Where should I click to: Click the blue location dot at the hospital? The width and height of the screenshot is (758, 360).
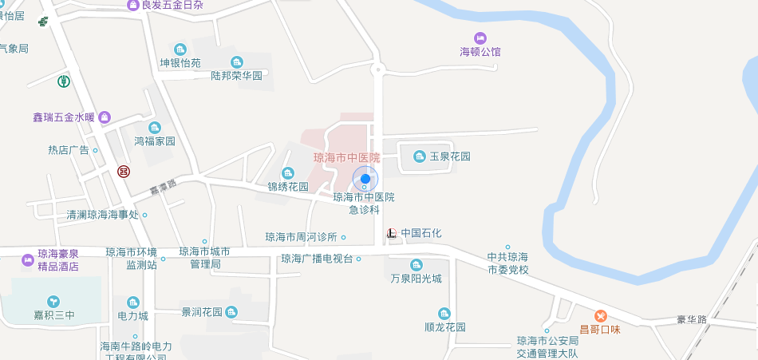tap(365, 178)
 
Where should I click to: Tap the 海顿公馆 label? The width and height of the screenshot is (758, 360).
tap(480, 52)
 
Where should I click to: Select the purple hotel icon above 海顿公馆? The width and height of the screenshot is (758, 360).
tap(480, 38)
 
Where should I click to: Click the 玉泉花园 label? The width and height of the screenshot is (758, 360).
tap(450, 156)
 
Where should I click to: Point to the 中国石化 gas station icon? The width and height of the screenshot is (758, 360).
tap(391, 233)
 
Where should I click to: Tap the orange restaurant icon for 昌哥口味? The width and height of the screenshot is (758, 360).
tap(600, 315)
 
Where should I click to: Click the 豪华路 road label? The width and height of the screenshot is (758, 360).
tap(691, 319)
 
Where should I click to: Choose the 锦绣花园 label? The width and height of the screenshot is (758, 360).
tap(288, 187)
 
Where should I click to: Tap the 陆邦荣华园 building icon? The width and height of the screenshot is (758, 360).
tap(236, 62)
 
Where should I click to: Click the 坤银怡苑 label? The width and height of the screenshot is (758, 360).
tap(180, 63)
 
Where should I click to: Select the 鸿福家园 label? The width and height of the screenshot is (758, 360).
tap(154, 141)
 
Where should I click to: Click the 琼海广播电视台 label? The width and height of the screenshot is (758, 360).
tap(317, 259)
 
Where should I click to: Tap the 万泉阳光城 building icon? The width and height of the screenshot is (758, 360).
tap(416, 265)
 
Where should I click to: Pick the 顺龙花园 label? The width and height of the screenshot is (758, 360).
tap(444, 326)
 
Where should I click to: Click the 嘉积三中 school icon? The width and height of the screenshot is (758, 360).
tap(53, 302)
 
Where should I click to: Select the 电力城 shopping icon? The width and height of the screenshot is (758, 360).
tap(132, 302)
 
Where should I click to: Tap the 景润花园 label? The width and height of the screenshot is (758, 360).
tap(201, 311)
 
